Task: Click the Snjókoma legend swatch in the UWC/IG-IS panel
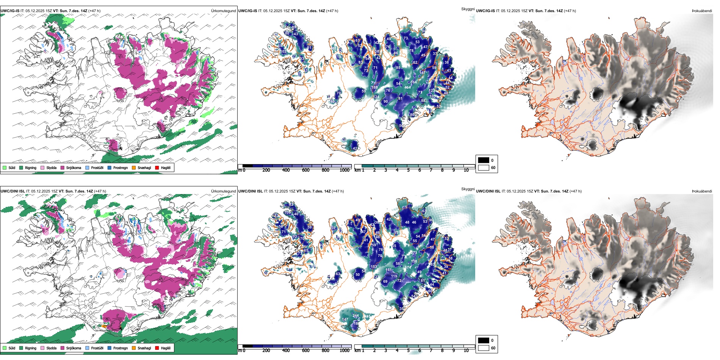point(63,167)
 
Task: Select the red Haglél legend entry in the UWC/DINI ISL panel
point(157,348)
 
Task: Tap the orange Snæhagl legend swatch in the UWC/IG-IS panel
point(134,167)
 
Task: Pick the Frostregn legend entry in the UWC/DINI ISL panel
point(110,348)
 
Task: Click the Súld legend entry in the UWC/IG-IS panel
point(5,167)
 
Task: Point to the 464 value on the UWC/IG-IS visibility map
point(407,88)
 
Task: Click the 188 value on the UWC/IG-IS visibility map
point(374,88)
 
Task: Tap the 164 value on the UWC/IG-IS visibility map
point(413,82)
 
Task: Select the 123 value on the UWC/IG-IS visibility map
point(432,91)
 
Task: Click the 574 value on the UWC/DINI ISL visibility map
point(408,268)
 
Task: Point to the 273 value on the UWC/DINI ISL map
point(414,253)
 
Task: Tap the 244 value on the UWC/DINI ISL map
point(355,316)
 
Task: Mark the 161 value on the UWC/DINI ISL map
point(388,270)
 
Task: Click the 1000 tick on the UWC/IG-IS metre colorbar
point(344,170)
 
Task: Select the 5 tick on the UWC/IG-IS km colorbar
point(409,170)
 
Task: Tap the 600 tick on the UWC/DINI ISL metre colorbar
point(305,351)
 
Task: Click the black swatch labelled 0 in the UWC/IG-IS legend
point(484,160)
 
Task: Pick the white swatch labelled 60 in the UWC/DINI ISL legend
point(484,348)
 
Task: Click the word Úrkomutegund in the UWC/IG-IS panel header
point(223,11)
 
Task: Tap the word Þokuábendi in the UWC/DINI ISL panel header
point(702,191)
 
